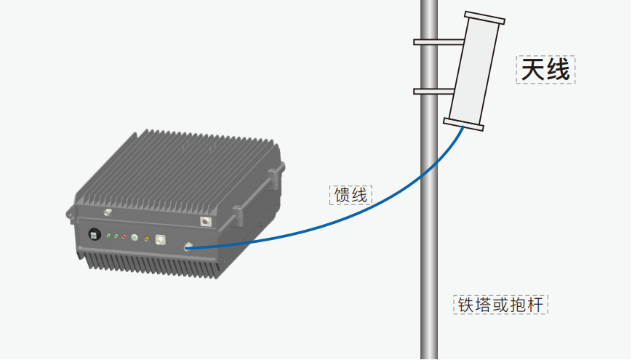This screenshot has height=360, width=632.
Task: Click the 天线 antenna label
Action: (x=545, y=70)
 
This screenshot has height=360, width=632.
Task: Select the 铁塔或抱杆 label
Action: (x=500, y=304)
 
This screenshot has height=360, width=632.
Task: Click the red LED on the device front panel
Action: (x=124, y=236)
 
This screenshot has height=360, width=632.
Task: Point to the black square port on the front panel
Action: (x=94, y=234)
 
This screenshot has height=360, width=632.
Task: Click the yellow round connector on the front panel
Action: (x=146, y=238)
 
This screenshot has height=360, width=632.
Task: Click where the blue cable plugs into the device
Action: (x=188, y=247)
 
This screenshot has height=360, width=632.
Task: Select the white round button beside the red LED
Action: (x=134, y=237)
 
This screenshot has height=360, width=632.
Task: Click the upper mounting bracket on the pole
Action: (x=435, y=41)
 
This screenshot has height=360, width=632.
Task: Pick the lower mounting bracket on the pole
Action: (x=435, y=92)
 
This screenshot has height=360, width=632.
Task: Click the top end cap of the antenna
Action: (x=483, y=17)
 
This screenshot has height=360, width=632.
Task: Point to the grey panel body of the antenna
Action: (x=474, y=71)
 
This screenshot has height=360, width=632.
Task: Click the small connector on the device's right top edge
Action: (x=205, y=220)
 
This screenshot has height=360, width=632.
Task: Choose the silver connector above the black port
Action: (x=108, y=213)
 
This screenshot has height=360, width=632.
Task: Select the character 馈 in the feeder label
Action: (x=342, y=194)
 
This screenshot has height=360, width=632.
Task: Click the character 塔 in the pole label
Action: (x=483, y=304)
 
